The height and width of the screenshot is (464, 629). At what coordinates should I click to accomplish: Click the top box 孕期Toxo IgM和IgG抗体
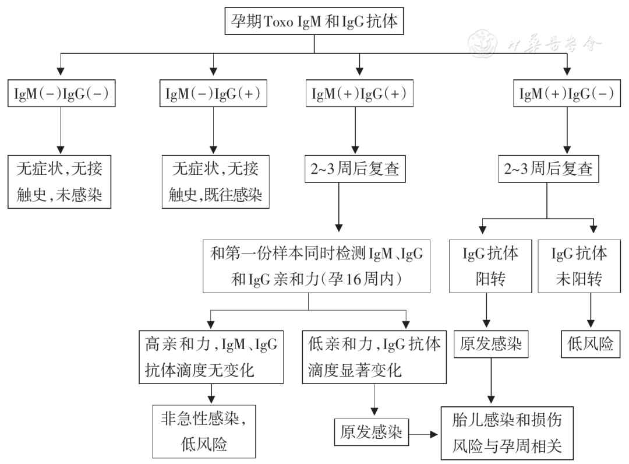click(x=314, y=22)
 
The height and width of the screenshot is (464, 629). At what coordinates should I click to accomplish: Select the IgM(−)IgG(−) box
click(x=61, y=94)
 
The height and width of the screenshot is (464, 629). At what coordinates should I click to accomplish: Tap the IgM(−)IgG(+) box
click(x=213, y=94)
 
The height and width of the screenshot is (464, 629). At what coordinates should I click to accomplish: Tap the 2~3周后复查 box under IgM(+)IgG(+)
click(x=353, y=170)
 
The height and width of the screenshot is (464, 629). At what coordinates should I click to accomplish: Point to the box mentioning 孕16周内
click(x=316, y=266)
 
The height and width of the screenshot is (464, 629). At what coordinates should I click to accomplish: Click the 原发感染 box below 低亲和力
click(x=371, y=432)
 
